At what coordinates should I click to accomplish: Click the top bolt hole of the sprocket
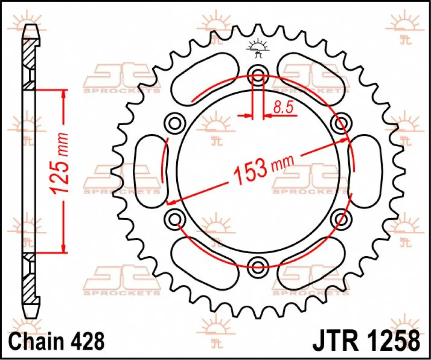(258, 76)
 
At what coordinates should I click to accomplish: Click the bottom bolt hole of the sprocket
(258, 266)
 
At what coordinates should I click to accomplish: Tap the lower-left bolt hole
(175, 219)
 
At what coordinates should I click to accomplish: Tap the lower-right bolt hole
(341, 219)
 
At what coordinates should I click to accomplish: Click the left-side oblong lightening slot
(150, 171)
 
